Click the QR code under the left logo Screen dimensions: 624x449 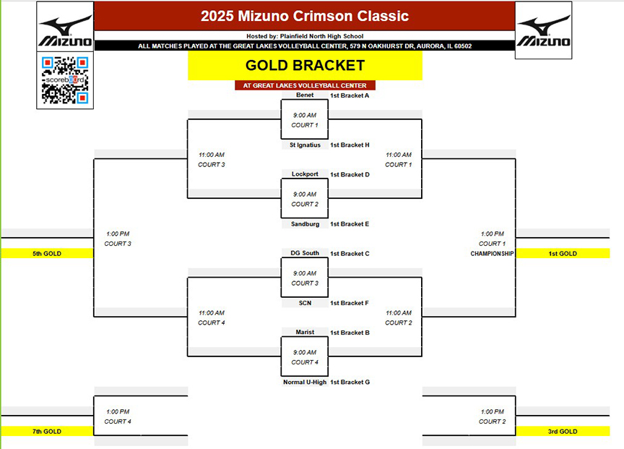(65, 80)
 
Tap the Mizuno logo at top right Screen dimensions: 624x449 (543, 30)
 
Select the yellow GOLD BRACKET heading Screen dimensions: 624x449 (305, 65)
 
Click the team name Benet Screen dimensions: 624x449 (305, 95)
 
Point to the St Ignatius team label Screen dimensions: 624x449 (305, 145)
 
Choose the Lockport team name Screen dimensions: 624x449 (305, 174)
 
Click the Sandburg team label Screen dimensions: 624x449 (305, 224)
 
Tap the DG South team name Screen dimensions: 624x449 (305, 253)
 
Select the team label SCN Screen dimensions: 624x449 (305, 303)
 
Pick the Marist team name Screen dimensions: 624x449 (305, 333)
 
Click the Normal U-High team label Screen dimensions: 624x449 (305, 382)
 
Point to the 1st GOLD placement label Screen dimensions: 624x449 (563, 253)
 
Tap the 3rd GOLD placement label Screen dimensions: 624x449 (563, 432)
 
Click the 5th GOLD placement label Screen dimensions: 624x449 (47, 253)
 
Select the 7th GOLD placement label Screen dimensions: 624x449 (47, 432)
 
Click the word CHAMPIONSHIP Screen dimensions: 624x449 (493, 254)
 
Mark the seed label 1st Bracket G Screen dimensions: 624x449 (350, 382)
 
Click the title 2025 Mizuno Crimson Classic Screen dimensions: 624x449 (305, 16)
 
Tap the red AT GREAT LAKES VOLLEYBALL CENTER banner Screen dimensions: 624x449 (305, 85)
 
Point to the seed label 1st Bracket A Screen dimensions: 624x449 (350, 95)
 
